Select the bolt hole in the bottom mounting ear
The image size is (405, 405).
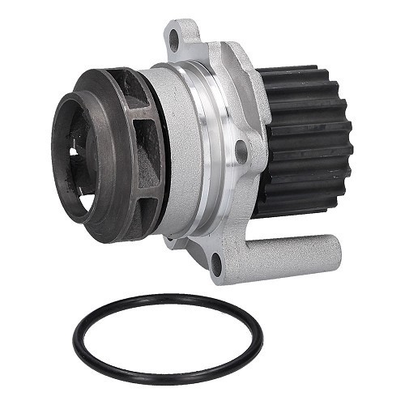tap(216, 261)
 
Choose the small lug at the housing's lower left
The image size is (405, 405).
tap(168, 241)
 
